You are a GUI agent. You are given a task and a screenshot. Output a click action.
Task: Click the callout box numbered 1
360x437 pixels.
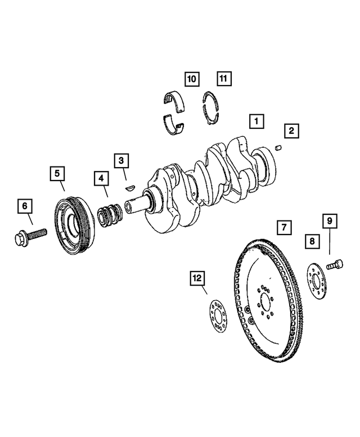point(256,120)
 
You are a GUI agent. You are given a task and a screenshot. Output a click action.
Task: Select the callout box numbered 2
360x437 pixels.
point(291,132)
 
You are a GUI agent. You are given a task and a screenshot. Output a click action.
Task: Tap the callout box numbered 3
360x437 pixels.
point(121,161)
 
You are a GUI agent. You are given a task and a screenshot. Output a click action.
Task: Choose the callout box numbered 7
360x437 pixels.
point(285,227)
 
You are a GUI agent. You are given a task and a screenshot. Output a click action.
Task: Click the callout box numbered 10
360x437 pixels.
point(192,79)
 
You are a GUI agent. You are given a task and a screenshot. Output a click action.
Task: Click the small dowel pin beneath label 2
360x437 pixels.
point(277,148)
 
